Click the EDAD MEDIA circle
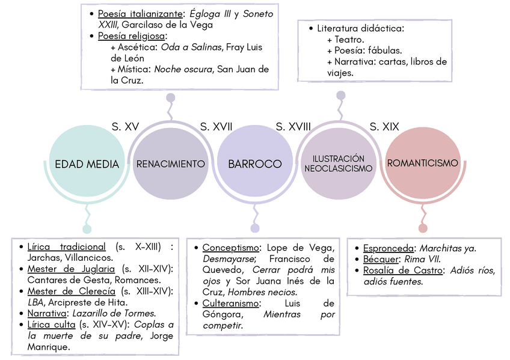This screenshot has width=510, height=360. [87, 163]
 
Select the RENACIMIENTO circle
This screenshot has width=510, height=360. [171, 163]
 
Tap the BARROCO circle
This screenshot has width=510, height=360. [254, 163]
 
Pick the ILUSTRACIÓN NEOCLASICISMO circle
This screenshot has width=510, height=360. [339, 163]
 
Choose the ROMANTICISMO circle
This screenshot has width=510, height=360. [423, 163]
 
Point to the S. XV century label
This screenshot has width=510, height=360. [125, 126]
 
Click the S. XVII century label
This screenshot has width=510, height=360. [216, 126]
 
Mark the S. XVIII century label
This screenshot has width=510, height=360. [293, 126]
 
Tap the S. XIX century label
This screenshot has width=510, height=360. [384, 126]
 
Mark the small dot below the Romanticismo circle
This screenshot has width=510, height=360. [423, 228]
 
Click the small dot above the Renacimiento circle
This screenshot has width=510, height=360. [171, 97]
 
